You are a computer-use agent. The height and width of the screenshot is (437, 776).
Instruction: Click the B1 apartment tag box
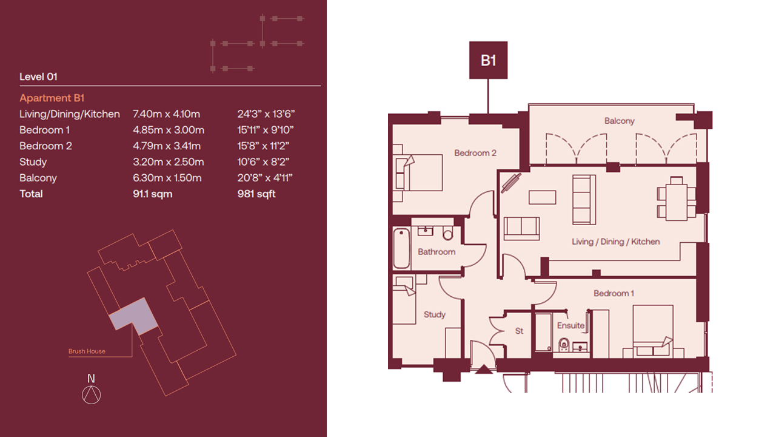coord(488,60)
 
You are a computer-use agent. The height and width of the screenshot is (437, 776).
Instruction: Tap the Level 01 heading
coord(38,76)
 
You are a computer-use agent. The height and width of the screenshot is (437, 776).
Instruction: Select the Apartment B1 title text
coord(52,98)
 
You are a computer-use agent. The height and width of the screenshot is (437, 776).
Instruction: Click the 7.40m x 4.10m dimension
coord(166,114)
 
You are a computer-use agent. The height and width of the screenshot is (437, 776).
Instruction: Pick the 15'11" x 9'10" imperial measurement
coord(266,130)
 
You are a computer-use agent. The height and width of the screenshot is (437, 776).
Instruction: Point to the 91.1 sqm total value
coord(152,194)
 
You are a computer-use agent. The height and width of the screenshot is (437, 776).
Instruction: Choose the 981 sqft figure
coord(256,194)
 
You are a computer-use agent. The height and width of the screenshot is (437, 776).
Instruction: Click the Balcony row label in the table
coord(38,178)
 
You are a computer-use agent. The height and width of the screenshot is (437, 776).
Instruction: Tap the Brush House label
coord(87,351)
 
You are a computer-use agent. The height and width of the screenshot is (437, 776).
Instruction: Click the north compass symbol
coord(91,390)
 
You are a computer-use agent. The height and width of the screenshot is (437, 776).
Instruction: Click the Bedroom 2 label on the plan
coord(475,153)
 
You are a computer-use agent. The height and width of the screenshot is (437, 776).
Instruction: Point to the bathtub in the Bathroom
coord(401,248)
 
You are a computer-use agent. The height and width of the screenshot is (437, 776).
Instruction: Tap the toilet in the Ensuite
coord(564,344)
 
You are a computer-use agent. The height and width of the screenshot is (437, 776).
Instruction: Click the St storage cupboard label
coord(519,331)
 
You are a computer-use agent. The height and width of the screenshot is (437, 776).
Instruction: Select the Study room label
coord(435,314)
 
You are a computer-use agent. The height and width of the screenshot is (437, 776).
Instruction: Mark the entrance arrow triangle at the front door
coord(484,370)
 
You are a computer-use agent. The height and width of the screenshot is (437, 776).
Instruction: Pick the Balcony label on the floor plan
coord(620,121)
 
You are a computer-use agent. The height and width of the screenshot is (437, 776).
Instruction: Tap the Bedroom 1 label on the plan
coord(614,293)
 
